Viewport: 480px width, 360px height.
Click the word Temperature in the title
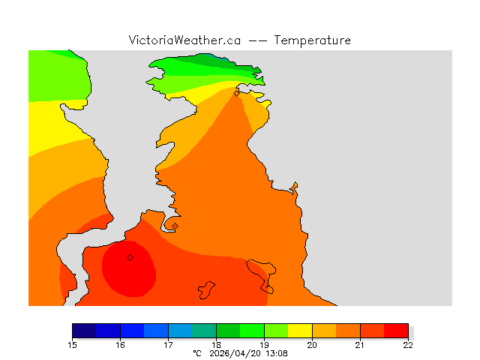pos(313,40)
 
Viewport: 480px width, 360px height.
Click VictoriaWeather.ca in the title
pos(184,40)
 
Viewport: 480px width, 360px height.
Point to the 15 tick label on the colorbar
pos(72,344)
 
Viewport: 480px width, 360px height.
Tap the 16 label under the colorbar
pos(120,344)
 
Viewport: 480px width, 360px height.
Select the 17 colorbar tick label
pos(168,344)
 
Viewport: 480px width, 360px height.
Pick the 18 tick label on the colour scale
pos(216,344)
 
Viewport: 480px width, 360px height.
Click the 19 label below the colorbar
pos(264,344)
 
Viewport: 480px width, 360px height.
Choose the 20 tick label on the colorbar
pos(312,344)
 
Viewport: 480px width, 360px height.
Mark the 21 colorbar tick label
pos(360,344)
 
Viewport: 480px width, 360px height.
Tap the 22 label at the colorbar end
pos(408,344)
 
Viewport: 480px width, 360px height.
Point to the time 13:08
pos(274,352)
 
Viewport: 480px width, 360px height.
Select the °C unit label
pos(197,352)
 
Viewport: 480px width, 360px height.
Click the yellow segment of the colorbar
pos(300,331)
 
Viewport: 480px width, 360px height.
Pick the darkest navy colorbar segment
pos(84,331)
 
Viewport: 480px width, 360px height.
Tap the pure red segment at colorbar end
pos(396,331)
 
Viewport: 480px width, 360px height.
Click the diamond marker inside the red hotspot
pos(130,257)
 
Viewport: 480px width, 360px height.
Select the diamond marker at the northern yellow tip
pos(236,94)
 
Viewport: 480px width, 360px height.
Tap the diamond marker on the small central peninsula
pos(175,226)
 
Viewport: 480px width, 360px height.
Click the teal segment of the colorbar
pos(204,331)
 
